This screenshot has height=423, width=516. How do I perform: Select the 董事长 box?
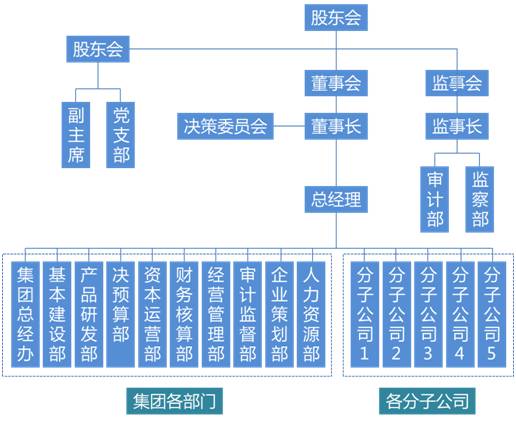[x=335, y=126]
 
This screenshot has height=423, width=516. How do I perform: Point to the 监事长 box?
[x=457, y=126]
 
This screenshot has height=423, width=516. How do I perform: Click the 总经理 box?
[x=335, y=199]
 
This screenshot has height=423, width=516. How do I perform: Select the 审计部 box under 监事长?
[x=436, y=196]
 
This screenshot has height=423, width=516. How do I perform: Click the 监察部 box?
[x=480, y=196]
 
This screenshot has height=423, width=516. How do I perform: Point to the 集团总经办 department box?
[x=27, y=312]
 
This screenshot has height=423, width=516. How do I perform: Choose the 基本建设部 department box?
[x=58, y=312]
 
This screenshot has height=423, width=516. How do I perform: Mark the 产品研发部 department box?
[x=89, y=312]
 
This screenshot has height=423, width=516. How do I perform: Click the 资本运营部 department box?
[x=152, y=312]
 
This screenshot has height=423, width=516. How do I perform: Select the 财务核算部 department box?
[x=184, y=312]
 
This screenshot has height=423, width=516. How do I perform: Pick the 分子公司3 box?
[x=428, y=312]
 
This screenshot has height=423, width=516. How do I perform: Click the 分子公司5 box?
[x=491, y=312]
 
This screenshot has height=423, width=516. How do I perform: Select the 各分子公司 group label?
[x=427, y=402]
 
